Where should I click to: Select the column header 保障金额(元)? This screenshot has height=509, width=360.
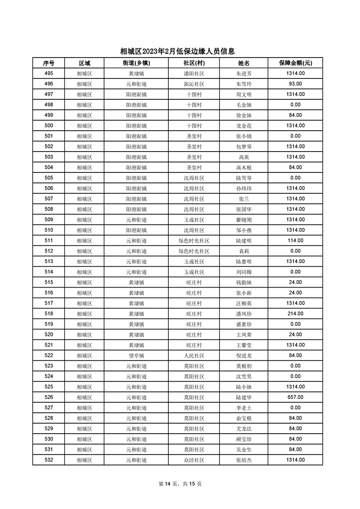[x=295, y=63]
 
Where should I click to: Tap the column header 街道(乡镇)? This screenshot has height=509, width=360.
[x=136, y=63]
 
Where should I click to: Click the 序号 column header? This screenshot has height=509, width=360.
[x=49, y=63]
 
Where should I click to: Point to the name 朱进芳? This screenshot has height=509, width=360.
[x=244, y=73]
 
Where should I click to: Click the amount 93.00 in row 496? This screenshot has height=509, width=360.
[x=295, y=84]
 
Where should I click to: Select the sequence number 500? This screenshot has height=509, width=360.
[x=49, y=126]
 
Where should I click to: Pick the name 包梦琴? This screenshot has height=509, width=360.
[x=244, y=147]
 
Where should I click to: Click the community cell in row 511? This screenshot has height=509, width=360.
[x=194, y=241]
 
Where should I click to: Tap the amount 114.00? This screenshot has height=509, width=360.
[x=295, y=241]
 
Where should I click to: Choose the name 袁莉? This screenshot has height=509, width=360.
[x=244, y=251]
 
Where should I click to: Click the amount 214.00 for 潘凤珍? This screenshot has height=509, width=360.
[x=295, y=314]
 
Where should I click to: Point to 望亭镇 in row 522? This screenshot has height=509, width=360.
[x=136, y=356]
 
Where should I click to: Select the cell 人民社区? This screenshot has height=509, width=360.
[x=194, y=356]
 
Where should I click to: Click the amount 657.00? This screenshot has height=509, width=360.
[x=295, y=397]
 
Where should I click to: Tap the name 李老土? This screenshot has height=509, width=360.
[x=244, y=408]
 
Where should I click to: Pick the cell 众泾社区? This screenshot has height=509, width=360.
[x=194, y=460]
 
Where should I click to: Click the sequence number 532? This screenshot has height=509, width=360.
[x=49, y=460]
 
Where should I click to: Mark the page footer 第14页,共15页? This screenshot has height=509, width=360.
[x=180, y=484]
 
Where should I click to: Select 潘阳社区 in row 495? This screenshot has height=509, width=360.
[x=194, y=73]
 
